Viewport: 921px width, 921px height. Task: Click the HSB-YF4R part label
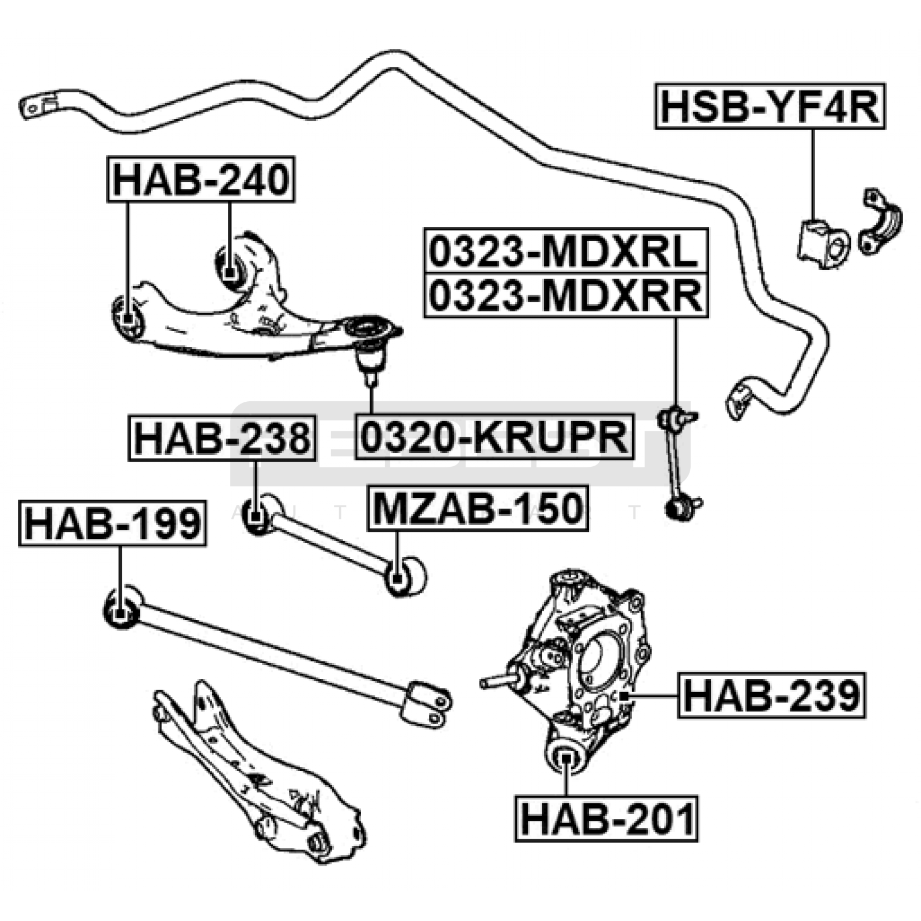[770, 106]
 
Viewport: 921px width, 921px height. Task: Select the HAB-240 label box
[201, 179]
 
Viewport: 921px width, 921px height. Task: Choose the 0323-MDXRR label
[566, 295]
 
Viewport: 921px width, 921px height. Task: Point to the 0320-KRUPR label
[494, 437]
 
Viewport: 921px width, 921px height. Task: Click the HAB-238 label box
[222, 438]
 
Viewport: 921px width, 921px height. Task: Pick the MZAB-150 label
[478, 508]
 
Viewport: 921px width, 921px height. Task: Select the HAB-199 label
[113, 523]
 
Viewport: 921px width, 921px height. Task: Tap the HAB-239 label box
[771, 695]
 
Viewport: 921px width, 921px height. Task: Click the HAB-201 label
[606, 819]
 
